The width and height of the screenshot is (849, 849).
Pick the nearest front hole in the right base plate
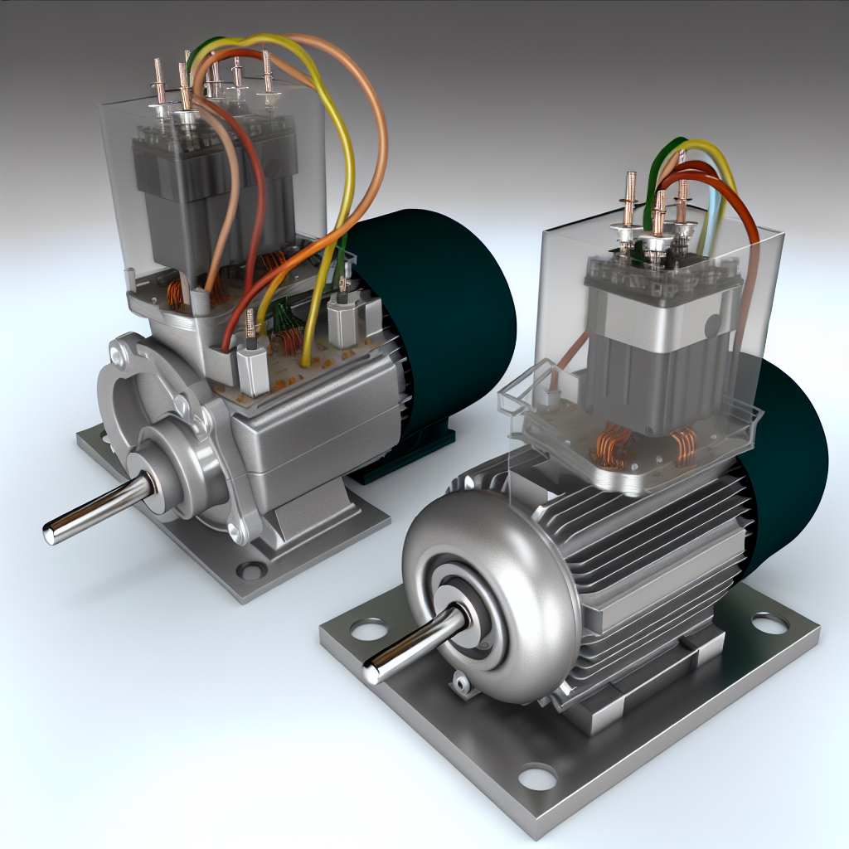[x=538, y=777]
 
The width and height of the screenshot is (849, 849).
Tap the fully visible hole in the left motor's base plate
[x=251, y=570]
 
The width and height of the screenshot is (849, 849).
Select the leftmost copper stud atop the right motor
[x=629, y=199]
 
